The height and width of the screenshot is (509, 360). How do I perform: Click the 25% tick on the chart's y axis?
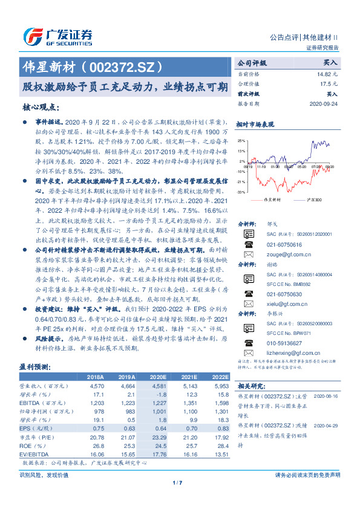pyautogui.click(x=241, y=140)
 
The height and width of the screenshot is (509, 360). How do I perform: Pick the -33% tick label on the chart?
pyautogui.click(x=241, y=192)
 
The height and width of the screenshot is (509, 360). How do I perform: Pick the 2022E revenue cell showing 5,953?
pyautogui.click(x=220, y=385)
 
